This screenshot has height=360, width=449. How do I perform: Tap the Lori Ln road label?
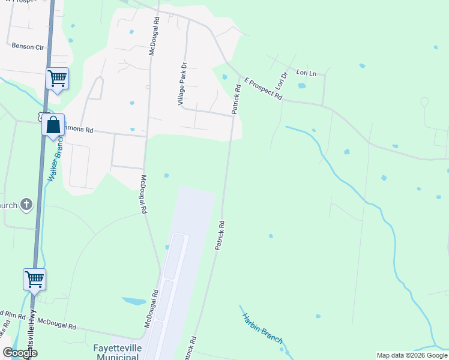(306, 72)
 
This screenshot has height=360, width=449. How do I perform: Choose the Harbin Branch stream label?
(262, 328)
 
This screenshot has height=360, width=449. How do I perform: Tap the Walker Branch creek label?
(55, 160)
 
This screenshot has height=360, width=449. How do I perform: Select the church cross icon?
(26, 205)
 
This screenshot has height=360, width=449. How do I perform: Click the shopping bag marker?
(53, 125)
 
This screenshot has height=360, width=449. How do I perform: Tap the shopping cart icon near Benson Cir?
(57, 78)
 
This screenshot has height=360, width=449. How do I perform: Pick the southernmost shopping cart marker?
(34, 279)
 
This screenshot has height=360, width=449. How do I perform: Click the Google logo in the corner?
(19, 353)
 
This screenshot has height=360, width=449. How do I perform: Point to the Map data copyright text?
(411, 355)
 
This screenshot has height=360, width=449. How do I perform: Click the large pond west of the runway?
(133, 301)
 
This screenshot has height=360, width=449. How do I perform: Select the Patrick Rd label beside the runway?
(220, 235)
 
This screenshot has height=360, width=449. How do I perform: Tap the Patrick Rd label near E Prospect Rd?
(237, 99)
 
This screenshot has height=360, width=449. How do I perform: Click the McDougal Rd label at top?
(155, 36)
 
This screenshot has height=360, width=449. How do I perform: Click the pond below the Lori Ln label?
(301, 85)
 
